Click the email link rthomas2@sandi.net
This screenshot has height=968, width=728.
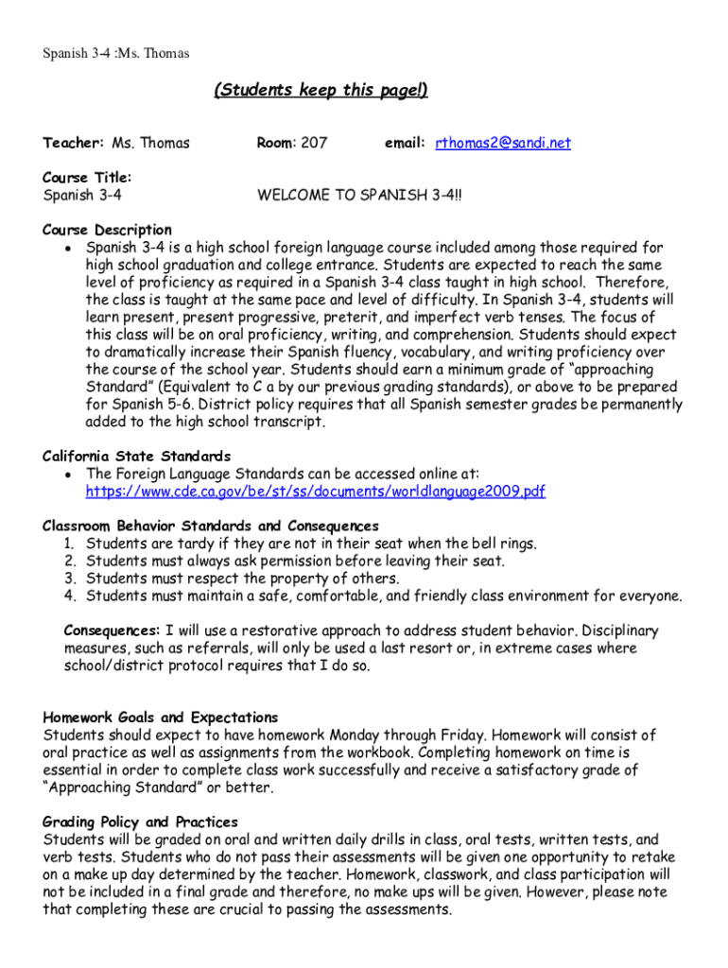coord(503,143)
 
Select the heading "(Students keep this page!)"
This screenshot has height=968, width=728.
coord(321,90)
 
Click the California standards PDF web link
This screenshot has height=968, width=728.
coord(315,492)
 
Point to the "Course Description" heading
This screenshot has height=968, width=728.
coord(107,230)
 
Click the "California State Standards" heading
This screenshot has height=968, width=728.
coord(136,456)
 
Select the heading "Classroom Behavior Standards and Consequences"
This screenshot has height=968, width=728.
coord(211,526)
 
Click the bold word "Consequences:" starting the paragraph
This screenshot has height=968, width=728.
coord(112,631)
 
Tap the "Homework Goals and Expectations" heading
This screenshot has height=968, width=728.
coord(161,717)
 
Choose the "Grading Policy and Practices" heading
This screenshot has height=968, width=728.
coord(141,821)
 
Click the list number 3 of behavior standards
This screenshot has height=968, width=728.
coord(70,579)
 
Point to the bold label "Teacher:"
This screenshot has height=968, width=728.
coord(73,143)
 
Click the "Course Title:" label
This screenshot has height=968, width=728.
coord(87,177)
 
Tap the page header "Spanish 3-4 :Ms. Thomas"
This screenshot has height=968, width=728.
coord(115,53)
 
